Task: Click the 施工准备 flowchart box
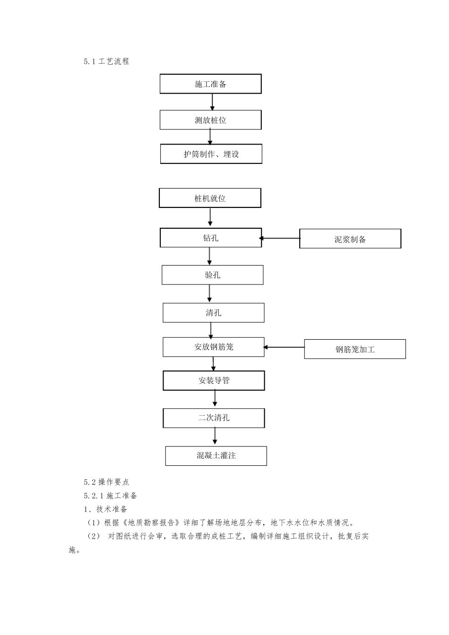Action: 210,84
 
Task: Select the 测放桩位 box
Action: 210,120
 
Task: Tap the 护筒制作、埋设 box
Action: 211,154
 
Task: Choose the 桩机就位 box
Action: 210,198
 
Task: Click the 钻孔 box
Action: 210,238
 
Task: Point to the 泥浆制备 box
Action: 350,239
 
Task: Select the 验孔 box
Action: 212,275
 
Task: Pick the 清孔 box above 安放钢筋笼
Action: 213,313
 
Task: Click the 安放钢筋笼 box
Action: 213,347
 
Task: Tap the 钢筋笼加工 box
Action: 354,349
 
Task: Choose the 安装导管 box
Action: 214,380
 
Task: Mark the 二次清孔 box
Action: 214,418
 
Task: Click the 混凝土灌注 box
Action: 216,455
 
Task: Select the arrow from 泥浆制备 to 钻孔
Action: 280,239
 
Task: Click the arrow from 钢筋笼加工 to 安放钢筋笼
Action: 284,347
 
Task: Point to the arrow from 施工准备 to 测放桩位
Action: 212,102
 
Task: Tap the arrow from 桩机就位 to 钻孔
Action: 210,217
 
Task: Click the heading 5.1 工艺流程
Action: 106,61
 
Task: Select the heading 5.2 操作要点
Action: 106,482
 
